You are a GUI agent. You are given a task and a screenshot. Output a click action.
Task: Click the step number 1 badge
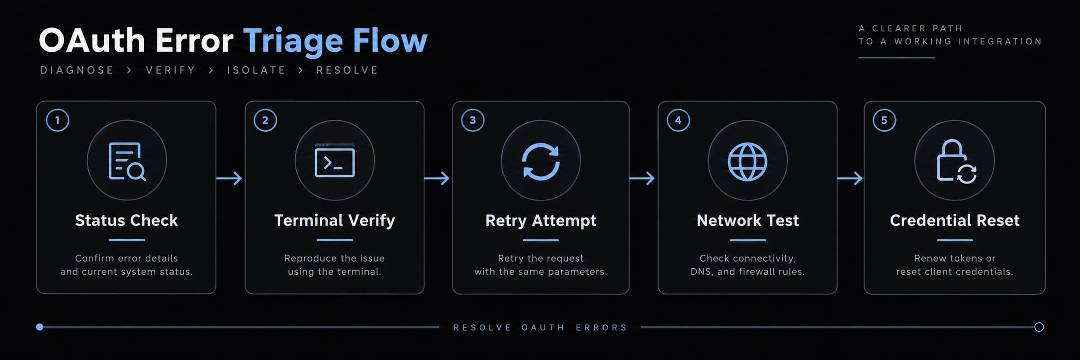(57, 120)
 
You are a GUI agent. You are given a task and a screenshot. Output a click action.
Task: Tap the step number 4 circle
(678, 120)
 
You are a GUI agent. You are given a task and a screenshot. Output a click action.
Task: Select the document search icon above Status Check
(127, 161)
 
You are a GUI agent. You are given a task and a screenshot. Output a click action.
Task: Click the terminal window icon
(335, 161)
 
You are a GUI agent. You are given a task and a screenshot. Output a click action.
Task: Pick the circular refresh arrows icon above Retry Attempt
(540, 161)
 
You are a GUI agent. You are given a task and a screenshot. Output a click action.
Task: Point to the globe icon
(747, 162)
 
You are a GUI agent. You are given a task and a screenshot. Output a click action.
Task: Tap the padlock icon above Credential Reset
(952, 160)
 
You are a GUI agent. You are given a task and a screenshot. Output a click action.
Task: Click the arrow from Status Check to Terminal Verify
(229, 178)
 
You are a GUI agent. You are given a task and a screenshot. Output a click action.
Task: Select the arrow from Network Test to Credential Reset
(850, 178)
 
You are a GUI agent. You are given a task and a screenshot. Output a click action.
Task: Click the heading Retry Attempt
(540, 220)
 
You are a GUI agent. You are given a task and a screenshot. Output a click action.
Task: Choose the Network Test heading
(748, 220)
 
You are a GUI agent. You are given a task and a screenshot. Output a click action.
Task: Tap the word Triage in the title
(293, 41)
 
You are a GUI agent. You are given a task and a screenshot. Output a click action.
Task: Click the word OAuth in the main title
(92, 40)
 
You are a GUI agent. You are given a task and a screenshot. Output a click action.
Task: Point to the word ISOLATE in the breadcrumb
(257, 70)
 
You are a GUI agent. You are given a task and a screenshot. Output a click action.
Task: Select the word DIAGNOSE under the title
(77, 70)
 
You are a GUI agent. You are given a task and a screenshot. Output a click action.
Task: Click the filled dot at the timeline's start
(40, 327)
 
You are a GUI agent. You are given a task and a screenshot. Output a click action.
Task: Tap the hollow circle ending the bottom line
(1039, 327)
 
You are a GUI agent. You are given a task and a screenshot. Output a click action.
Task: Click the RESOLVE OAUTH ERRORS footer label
(540, 328)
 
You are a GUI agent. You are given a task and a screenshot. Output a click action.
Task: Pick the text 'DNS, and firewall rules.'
(747, 271)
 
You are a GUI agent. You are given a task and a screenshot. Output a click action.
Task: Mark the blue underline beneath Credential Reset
(955, 240)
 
